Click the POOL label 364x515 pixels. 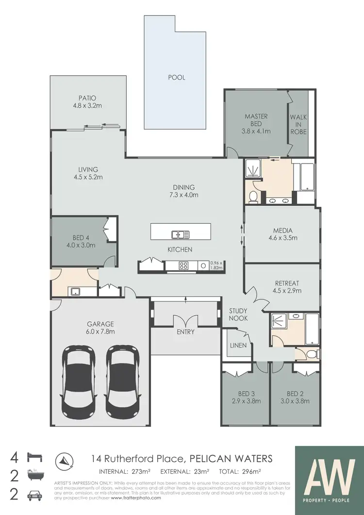click(x=177, y=78)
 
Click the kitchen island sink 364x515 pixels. click(x=180, y=235)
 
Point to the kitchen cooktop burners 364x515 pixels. click(x=184, y=266)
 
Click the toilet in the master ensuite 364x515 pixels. click(x=252, y=196)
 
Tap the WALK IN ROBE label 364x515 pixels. click(x=298, y=124)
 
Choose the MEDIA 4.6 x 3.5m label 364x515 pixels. click(x=282, y=234)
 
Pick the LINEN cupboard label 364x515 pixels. click(x=239, y=346)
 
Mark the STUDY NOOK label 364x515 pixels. click(x=238, y=315)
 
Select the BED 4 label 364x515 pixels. click(x=81, y=237)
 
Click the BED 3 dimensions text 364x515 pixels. click(x=247, y=401)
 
